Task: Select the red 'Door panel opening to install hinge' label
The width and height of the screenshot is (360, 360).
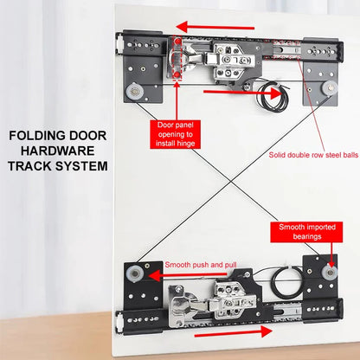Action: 179,136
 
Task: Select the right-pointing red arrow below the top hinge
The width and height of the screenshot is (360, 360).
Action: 226,88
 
